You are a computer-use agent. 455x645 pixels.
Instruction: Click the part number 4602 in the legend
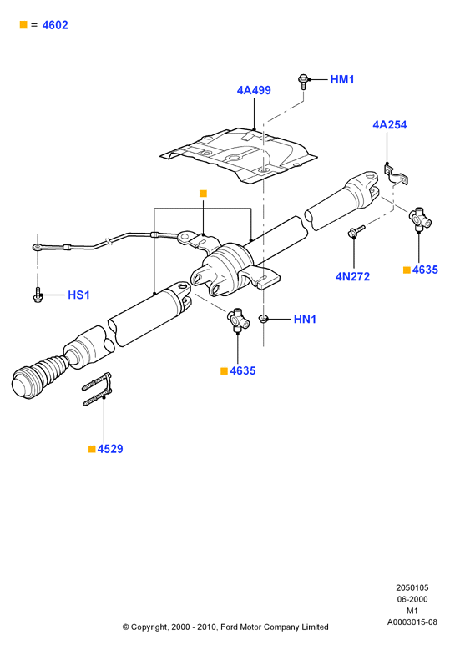(55, 25)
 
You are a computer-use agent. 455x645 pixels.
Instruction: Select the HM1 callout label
(342, 79)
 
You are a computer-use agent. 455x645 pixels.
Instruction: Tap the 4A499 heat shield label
(254, 90)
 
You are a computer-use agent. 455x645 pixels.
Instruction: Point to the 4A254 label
(390, 124)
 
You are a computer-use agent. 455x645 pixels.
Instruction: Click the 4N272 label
(353, 276)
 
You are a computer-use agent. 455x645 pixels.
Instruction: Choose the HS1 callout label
(78, 295)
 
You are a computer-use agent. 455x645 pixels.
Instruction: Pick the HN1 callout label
(305, 319)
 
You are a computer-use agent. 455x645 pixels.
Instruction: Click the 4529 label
(110, 449)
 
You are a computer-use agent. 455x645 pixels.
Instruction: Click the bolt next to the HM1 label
(302, 82)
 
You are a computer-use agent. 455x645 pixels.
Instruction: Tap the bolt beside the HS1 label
(38, 295)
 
